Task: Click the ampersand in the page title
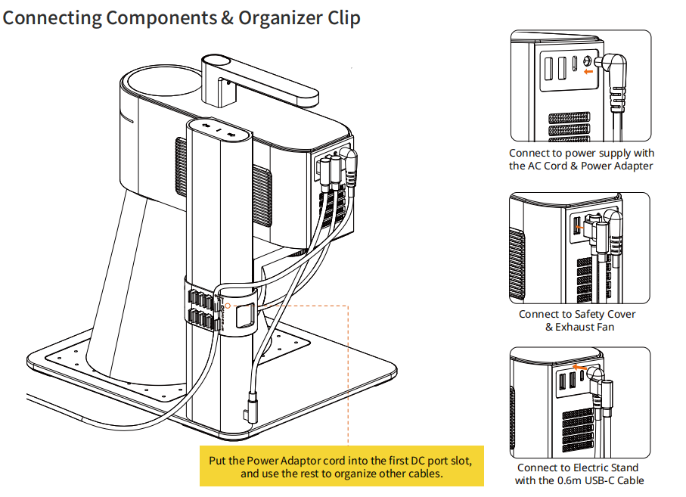coord(227,17)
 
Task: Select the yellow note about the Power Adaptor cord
coord(340,465)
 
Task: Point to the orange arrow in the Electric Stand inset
coord(580,365)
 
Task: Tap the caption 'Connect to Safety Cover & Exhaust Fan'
coord(576,321)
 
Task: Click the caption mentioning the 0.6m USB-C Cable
coord(579,474)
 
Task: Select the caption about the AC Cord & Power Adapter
coord(580,160)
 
